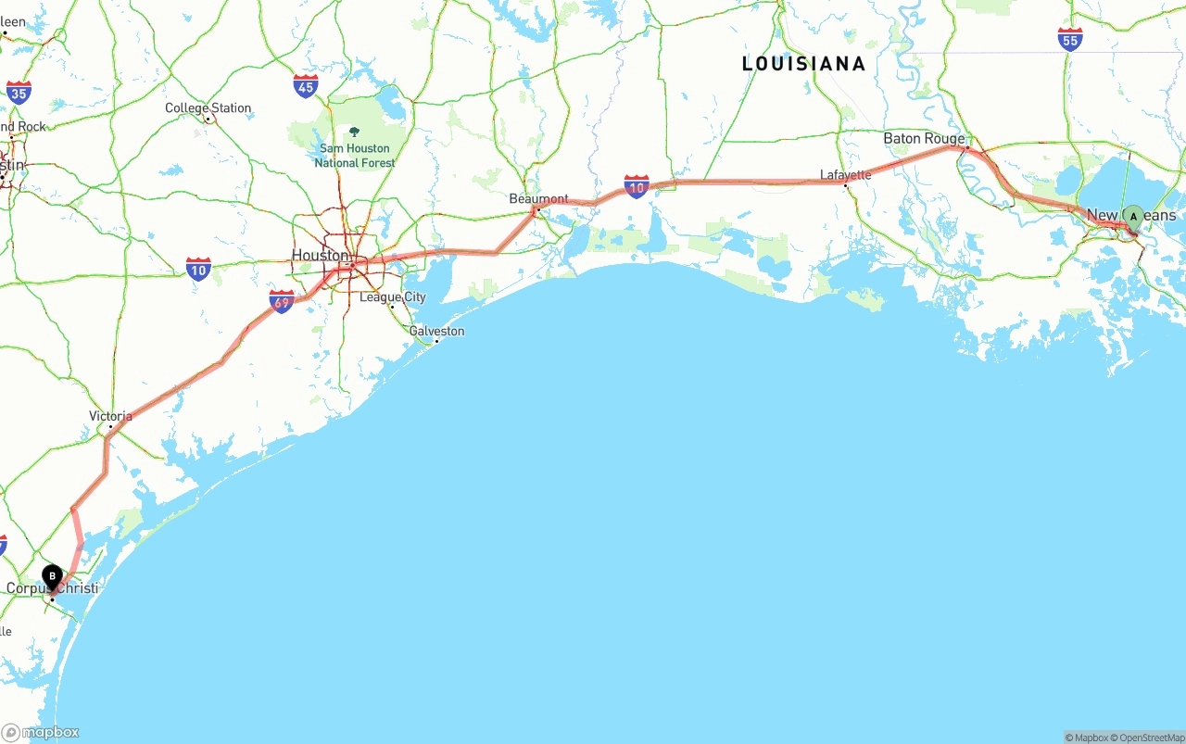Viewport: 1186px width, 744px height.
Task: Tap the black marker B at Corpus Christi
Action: [x=52, y=576]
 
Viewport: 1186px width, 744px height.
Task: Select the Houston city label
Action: [x=320, y=255]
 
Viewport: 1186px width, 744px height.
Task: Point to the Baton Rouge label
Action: [x=923, y=139]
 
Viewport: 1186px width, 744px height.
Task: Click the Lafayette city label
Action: [x=845, y=174]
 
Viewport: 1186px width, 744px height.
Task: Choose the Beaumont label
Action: [x=538, y=199]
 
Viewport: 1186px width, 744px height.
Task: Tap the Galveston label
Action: [x=436, y=331]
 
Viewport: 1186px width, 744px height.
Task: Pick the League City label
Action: [x=393, y=297]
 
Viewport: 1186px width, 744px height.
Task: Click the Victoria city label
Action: [x=110, y=416]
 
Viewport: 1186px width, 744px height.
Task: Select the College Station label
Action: [x=208, y=108]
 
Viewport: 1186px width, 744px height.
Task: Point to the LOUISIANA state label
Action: [x=803, y=64]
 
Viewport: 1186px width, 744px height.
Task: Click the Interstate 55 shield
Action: [x=1070, y=39]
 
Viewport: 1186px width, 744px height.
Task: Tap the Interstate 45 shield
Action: [x=306, y=87]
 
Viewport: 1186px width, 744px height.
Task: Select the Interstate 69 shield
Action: [x=282, y=301]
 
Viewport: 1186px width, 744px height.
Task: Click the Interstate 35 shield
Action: [x=19, y=91]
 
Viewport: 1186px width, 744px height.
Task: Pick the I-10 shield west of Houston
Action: [x=198, y=269]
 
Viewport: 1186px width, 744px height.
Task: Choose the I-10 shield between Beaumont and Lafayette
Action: [x=637, y=186]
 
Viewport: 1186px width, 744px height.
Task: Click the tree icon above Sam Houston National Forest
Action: [x=354, y=132]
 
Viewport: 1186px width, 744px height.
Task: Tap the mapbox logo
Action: [x=41, y=732]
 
